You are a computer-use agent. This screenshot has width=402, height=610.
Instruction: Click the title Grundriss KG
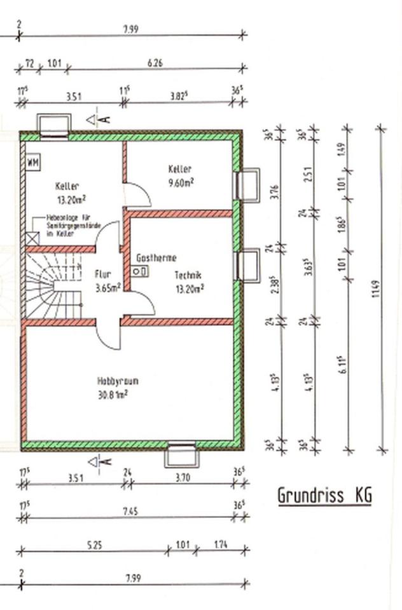coord(324,495)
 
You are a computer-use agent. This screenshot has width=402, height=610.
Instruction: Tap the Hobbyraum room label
coord(118,381)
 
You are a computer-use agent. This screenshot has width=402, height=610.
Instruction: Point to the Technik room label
coord(188,276)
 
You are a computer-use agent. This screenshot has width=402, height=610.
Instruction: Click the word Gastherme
coord(156,258)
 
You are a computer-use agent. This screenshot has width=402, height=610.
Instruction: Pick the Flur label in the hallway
coord(103,274)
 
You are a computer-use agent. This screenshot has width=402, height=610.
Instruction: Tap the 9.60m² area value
coord(181,181)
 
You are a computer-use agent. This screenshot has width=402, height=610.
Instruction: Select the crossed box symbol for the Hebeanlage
coord(33,237)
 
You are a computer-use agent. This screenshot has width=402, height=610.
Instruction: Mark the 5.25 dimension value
coord(93,544)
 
